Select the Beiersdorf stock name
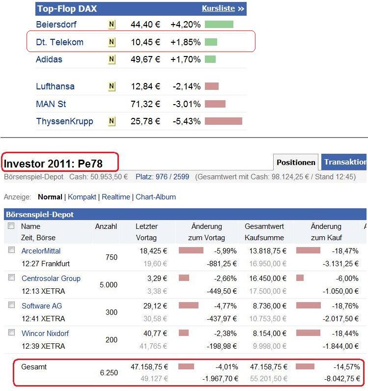56,24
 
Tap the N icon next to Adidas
112,59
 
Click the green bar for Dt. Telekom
211,42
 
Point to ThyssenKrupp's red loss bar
223,121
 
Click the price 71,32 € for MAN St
145,104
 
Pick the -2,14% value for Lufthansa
186,86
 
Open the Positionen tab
296,162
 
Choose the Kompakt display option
82,197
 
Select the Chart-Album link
156,197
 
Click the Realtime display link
116,197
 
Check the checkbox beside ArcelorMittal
11,250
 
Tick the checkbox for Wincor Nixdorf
11,333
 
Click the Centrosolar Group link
51,279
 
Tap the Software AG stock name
42,306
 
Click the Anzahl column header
106,226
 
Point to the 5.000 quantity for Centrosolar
109,285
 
